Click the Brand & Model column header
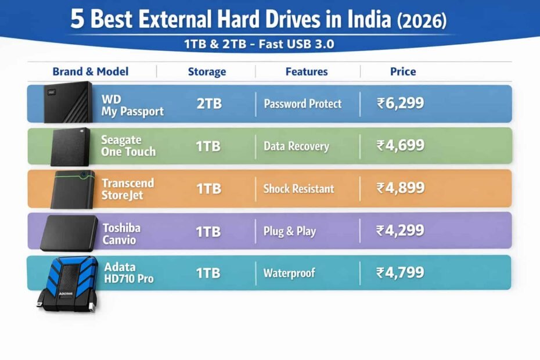[91, 72]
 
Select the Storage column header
[207, 72]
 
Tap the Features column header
[307, 72]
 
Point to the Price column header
[403, 72]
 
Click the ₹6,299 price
[401, 104]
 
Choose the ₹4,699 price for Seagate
[401, 146]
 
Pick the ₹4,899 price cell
[401, 188]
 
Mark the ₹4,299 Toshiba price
[401, 231]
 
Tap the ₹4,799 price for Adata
[401, 272]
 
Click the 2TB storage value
[208, 104]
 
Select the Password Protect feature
[303, 104]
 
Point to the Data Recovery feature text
[296, 146]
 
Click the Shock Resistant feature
[298, 189]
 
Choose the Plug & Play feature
[290, 231]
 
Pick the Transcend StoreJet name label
[128, 189]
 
